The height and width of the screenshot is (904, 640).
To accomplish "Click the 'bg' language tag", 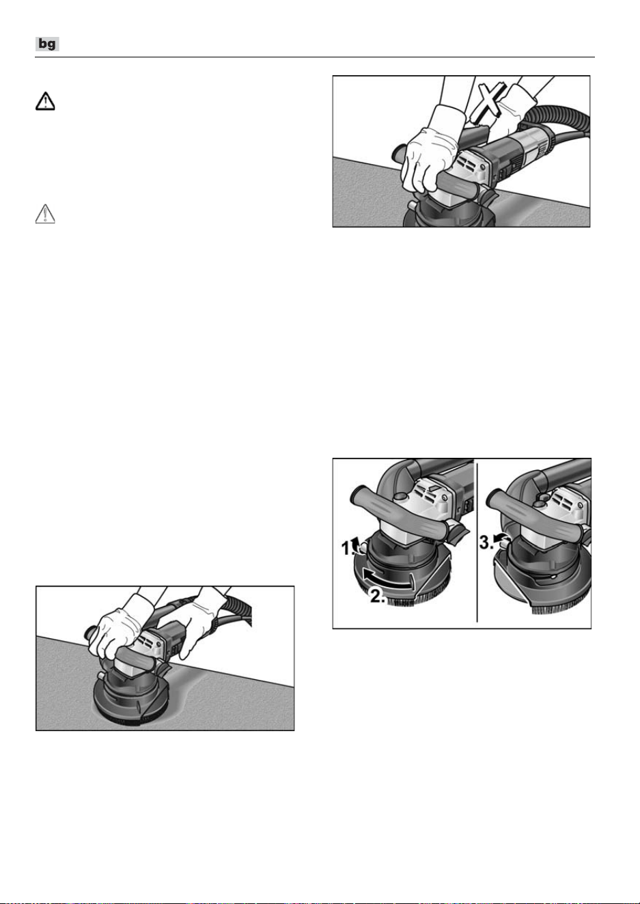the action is (47, 44).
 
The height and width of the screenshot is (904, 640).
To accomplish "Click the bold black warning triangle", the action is (45, 101).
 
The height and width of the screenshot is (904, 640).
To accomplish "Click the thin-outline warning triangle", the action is (45, 214).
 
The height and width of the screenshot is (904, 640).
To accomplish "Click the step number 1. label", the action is (348, 549).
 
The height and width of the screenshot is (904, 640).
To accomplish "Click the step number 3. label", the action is (486, 542).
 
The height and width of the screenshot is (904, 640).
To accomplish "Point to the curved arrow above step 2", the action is (387, 578).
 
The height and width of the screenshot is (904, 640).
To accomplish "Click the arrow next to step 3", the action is (499, 538).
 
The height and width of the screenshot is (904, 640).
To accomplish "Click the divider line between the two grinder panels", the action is (478, 543).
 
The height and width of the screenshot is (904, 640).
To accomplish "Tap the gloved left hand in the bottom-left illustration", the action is (116, 633).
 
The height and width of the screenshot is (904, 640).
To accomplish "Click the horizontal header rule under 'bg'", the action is (315, 57).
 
